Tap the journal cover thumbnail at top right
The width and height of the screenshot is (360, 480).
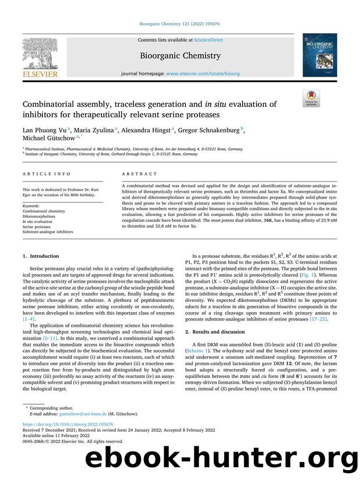pos(319,55)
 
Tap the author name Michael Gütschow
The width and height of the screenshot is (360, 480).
pos(51,139)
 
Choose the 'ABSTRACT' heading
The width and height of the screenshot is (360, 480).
pos(139,174)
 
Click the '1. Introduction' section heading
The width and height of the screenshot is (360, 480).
pos(41,256)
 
